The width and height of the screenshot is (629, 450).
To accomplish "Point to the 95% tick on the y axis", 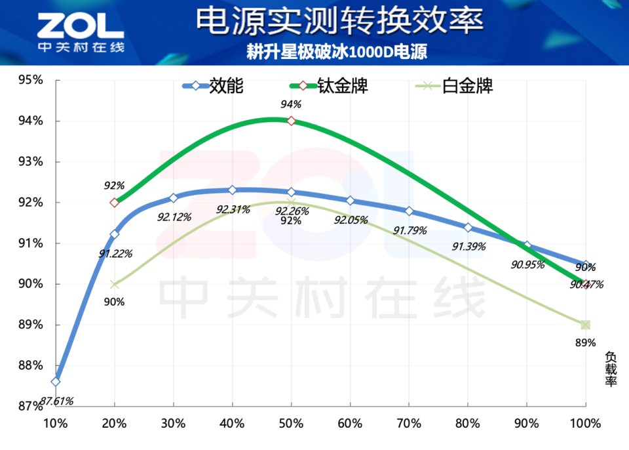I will (x=30, y=80).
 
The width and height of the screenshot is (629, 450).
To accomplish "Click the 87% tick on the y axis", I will (x=30, y=406).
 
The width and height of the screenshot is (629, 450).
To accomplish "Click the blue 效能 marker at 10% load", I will (x=56, y=382).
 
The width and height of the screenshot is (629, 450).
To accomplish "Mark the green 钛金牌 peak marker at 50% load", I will (x=292, y=121).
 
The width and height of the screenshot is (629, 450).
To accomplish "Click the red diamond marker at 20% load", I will (x=115, y=203).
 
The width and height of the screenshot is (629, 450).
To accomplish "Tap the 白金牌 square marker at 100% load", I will (x=585, y=325).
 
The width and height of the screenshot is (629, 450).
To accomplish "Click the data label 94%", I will (x=291, y=104).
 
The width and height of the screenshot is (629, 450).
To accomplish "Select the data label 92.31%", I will (x=233, y=210).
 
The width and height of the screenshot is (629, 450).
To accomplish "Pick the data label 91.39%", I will (x=469, y=246).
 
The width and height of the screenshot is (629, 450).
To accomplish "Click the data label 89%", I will (x=585, y=342).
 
